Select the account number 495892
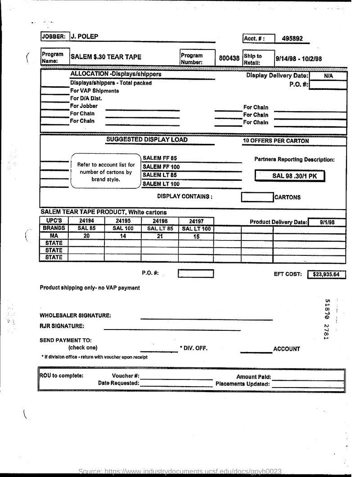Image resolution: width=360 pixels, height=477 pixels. tap(292, 38)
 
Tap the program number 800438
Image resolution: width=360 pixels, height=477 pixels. tap(229, 58)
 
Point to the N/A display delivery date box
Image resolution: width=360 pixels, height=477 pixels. tap(328, 76)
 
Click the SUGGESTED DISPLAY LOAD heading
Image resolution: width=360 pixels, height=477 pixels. tap(147, 140)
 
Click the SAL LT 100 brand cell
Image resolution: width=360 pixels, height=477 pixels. tap(196, 228)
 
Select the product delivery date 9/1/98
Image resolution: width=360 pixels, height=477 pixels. tap(327, 222)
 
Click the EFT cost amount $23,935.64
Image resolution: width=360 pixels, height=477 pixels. tap(326, 274)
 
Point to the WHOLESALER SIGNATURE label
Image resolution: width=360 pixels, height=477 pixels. tap(75, 316)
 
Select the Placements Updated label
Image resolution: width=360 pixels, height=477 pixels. tap(243, 384)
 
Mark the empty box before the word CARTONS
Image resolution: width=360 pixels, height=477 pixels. tap(257, 197)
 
